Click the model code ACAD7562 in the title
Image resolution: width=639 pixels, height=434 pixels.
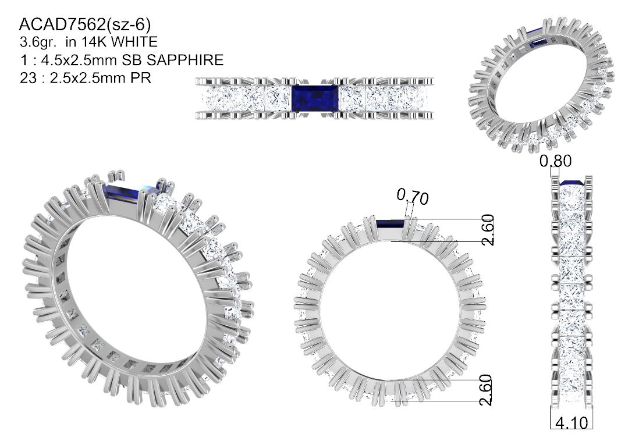coord(62,25)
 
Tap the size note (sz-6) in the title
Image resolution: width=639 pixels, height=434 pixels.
coord(129,25)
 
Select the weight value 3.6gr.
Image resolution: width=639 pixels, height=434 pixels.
coord(39,42)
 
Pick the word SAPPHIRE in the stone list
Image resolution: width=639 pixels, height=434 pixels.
coord(186,60)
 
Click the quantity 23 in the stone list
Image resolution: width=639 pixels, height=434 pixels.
coord(28,78)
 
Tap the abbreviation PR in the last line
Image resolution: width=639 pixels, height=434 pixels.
coord(141,78)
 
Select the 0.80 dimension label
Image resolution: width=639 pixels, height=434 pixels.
coord(555,161)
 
